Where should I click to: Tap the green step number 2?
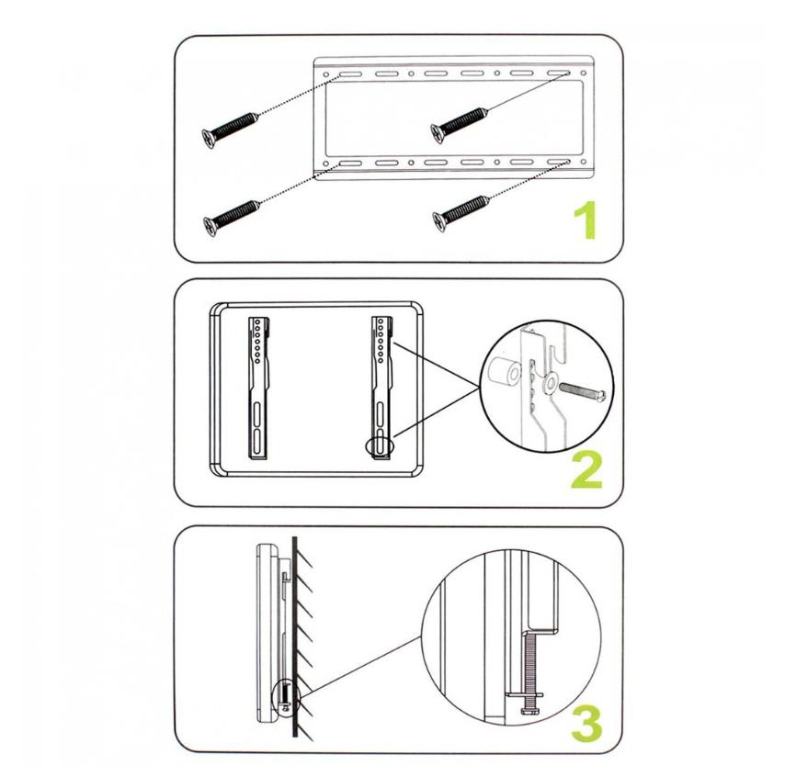(586, 469)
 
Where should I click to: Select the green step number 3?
(586, 723)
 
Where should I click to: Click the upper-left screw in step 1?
(230, 130)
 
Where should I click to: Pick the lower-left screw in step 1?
(231, 218)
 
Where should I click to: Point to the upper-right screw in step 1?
(460, 125)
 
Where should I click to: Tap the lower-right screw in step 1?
(461, 214)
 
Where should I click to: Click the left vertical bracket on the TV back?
(258, 389)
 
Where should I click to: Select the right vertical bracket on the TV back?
(381, 389)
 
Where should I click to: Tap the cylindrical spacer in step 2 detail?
(504, 373)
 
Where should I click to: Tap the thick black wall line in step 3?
(294, 638)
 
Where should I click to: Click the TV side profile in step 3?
(267, 634)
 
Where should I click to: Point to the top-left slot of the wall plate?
(350, 74)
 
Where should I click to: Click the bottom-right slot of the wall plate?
(559, 163)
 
